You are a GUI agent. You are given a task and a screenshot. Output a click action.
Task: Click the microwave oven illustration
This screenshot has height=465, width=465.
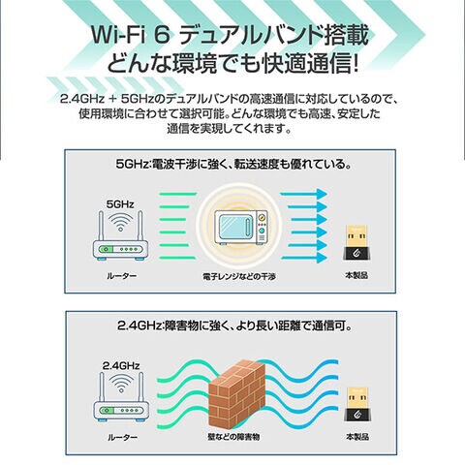coord(241,228)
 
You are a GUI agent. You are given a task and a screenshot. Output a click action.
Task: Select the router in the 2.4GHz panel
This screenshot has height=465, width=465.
coord(121,405)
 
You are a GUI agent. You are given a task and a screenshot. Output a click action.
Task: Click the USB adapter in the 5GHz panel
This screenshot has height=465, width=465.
coord(356,243)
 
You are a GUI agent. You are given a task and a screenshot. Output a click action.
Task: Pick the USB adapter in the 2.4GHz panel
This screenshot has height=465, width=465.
coord(357,405)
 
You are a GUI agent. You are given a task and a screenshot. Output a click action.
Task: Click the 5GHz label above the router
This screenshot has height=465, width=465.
coord(120,204)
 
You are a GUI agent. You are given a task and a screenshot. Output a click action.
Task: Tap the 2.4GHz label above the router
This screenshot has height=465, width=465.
coord(121,365)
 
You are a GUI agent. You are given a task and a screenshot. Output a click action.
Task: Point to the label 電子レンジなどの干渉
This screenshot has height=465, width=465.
coord(239,277)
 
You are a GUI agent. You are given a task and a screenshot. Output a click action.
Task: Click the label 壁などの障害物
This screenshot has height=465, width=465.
coord(233,437)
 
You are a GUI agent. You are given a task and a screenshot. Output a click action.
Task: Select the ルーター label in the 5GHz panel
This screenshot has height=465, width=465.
coord(122,276)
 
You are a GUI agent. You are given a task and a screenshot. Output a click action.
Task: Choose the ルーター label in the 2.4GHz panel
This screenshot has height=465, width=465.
coord(122,438)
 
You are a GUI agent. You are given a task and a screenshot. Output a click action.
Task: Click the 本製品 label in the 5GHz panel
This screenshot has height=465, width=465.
coord(356,275)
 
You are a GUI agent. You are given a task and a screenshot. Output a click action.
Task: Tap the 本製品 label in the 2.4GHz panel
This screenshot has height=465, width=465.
coord(357,437)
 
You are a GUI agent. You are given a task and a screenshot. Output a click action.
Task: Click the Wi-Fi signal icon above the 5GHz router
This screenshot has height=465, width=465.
coord(120,222)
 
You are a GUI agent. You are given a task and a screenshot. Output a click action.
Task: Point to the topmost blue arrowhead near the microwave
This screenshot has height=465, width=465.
coord(322,194)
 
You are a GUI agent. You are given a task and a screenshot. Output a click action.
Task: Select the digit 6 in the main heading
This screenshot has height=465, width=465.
coord(162,35)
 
